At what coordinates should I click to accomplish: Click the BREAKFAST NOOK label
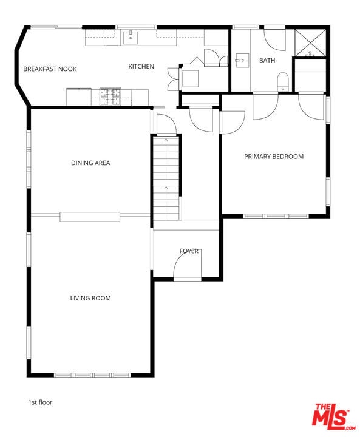click(50, 69)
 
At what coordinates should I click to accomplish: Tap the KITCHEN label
click(141, 67)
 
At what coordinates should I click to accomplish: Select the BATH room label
click(267, 61)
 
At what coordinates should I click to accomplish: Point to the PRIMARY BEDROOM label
click(274, 157)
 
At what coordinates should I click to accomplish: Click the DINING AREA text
click(90, 163)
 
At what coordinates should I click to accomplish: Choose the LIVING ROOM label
click(90, 298)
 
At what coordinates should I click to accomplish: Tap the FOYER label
click(189, 251)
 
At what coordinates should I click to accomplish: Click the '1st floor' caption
click(40, 402)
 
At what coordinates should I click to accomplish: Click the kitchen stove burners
click(110, 94)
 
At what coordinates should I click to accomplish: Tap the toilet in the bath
click(283, 82)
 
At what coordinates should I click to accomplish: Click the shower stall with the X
click(310, 41)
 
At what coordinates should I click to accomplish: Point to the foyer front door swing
click(188, 265)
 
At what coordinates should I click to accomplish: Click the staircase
click(166, 177)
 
